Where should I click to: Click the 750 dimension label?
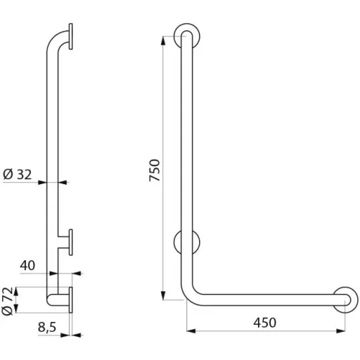click(155, 170)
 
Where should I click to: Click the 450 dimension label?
click(264, 323)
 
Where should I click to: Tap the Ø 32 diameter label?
click(18, 174)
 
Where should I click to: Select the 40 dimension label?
click(27, 266)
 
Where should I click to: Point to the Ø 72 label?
click(7, 301)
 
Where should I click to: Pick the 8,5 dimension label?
click(47, 327)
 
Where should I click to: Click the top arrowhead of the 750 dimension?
click(163, 41)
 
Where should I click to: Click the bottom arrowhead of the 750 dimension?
click(163, 295)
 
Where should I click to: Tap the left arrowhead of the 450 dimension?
click(191, 331)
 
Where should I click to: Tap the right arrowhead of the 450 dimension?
click(340, 331)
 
